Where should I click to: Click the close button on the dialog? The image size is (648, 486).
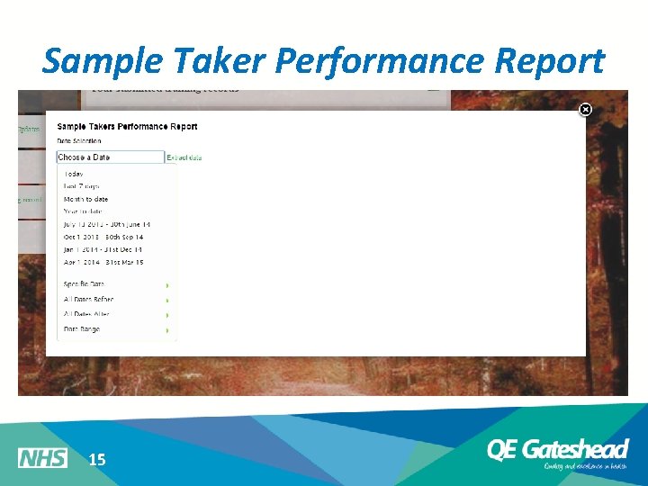(585, 110)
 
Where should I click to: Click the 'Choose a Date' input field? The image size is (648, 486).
(110, 157)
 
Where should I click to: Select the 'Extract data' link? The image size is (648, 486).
(184, 157)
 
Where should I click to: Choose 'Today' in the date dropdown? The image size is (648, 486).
(74, 174)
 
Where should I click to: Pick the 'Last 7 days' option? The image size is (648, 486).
(81, 186)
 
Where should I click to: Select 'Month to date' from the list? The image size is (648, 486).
(85, 199)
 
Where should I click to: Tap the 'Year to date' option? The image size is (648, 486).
(84, 211)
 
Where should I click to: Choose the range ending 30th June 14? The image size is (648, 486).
(107, 224)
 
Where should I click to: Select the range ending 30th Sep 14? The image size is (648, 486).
(103, 237)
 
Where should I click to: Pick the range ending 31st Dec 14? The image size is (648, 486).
(103, 249)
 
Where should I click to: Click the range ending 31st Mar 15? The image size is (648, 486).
(103, 262)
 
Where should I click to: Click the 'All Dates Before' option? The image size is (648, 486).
(88, 299)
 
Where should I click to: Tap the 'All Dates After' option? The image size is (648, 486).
(86, 314)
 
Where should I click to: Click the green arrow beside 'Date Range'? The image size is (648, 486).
(167, 330)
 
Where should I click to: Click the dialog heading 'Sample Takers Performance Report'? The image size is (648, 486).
(127, 127)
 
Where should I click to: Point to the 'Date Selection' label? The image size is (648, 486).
(79, 141)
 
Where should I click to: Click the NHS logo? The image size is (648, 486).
(42, 458)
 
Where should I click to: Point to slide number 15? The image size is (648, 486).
(97, 460)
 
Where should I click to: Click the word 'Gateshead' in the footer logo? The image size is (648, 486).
(575, 449)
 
